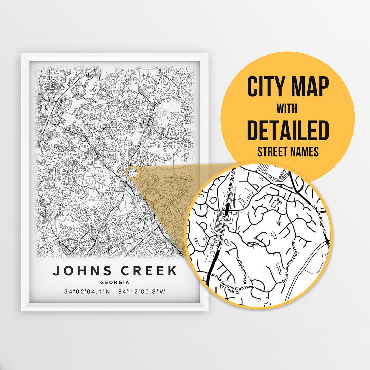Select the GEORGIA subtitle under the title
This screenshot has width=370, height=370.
[115, 283]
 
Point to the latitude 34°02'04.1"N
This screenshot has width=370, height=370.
[87, 292]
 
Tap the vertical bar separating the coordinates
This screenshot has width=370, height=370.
[115, 292]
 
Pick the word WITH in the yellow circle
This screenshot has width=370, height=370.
[287, 109]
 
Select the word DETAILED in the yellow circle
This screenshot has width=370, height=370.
[288, 131]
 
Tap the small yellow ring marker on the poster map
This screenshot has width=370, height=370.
[133, 172]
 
